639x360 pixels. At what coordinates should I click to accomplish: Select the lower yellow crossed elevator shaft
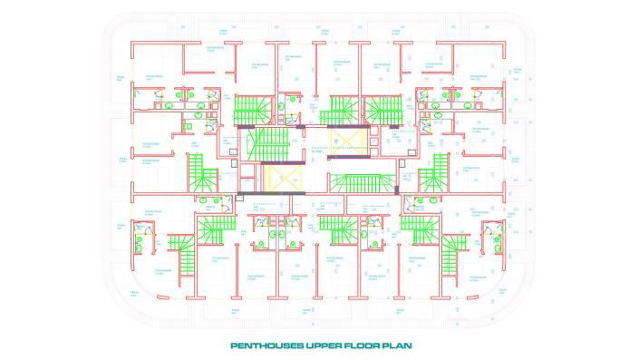click(284, 177)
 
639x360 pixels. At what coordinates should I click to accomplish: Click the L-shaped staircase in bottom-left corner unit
click(186, 256)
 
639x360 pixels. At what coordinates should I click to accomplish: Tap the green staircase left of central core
click(204, 172)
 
